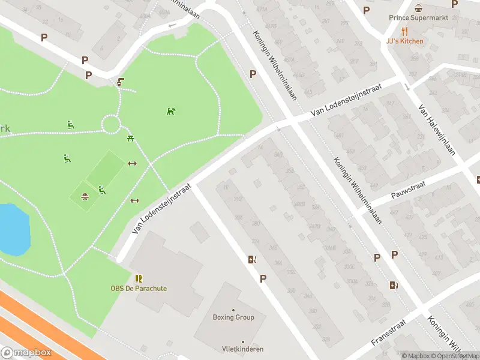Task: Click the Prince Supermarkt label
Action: click(x=418, y=18)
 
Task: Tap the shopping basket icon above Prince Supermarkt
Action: click(x=418, y=8)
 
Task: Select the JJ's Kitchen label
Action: click(x=404, y=41)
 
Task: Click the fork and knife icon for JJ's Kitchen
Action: click(x=404, y=31)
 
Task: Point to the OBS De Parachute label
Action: click(x=139, y=289)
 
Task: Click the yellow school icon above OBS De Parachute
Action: click(x=139, y=278)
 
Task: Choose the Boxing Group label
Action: click(x=233, y=317)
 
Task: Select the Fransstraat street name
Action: click(x=389, y=332)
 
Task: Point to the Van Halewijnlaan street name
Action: click(x=436, y=130)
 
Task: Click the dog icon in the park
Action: click(x=171, y=111)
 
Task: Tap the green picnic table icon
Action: click(x=130, y=139)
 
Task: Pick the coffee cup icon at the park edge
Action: click(x=121, y=82)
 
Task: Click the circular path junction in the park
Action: click(x=111, y=125)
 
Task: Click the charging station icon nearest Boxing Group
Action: click(x=252, y=259)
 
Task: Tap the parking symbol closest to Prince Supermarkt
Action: click(x=367, y=10)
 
